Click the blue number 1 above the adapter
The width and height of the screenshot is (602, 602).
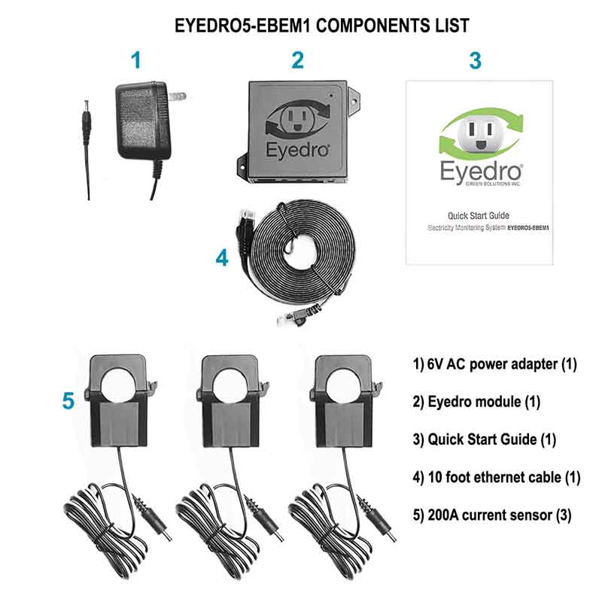pos(136,60)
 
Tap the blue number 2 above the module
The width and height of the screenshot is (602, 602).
pos(297,60)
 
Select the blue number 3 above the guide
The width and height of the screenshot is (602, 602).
pos(476,60)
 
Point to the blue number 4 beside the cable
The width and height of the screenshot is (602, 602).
pos(222,257)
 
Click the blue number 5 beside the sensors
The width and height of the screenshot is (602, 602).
pos(68,401)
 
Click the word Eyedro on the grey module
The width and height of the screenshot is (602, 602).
pos(297,150)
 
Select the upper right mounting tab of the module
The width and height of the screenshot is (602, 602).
pos(354,101)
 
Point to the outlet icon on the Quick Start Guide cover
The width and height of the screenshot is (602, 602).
pos(481,134)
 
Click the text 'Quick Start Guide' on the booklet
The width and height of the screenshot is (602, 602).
pos(479,215)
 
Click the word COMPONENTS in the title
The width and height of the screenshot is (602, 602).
pos(372,26)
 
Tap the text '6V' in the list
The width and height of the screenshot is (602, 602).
pos(435,364)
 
